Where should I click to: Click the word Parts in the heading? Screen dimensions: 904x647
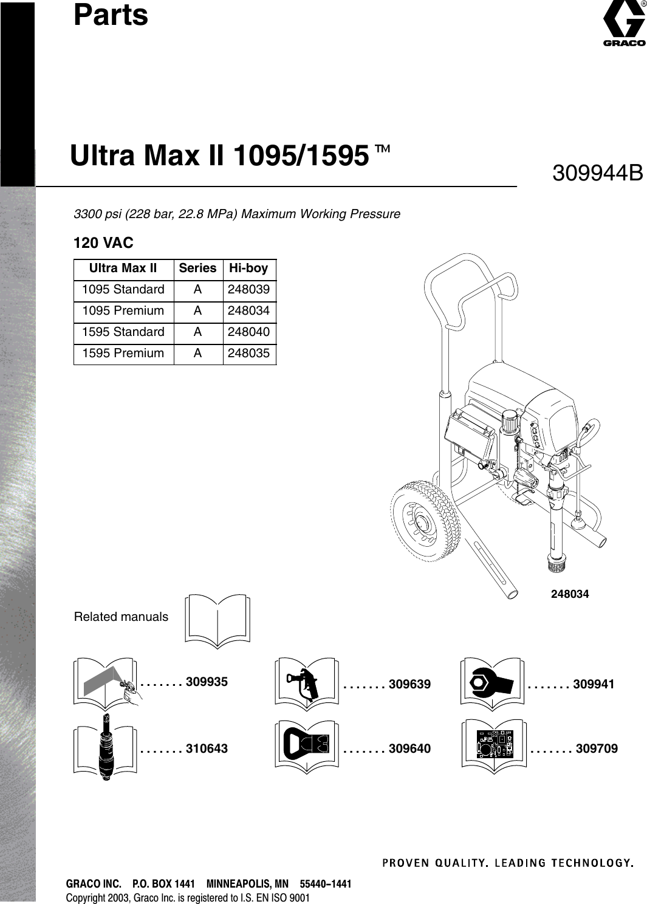111,15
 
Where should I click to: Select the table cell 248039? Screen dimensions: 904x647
248,289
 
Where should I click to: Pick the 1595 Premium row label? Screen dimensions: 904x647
123,353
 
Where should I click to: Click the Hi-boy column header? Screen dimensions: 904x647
248,268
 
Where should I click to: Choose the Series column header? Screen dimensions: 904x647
197,268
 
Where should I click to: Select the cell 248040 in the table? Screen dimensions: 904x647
248,332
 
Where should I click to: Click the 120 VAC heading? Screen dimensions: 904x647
103,243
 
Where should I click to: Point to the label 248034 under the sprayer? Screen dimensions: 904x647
570,594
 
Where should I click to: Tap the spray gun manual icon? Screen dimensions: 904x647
306,683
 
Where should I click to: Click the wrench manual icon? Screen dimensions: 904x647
491,683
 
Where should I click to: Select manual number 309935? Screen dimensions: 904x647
207,682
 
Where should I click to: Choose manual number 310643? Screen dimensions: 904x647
207,748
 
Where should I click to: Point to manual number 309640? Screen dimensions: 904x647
409,748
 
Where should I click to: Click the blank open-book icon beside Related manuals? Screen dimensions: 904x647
217,619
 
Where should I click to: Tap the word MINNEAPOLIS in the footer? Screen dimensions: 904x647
247,884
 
